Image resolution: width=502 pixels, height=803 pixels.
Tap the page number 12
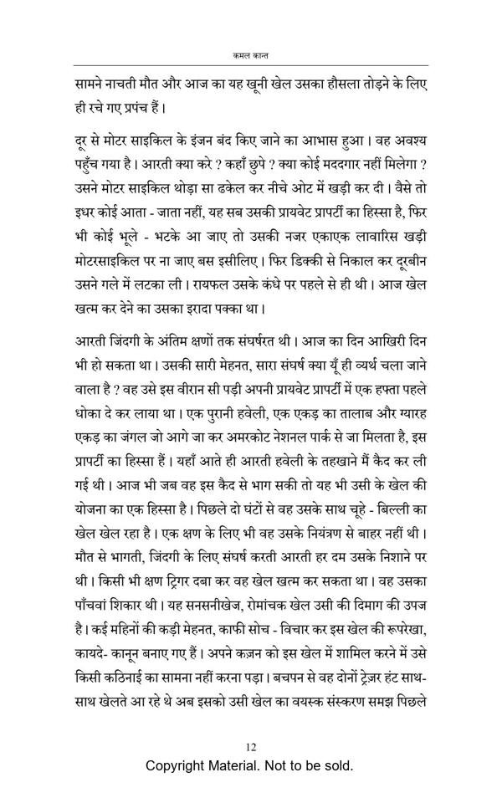[x=250, y=747]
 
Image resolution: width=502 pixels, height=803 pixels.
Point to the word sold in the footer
[x=338, y=765]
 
